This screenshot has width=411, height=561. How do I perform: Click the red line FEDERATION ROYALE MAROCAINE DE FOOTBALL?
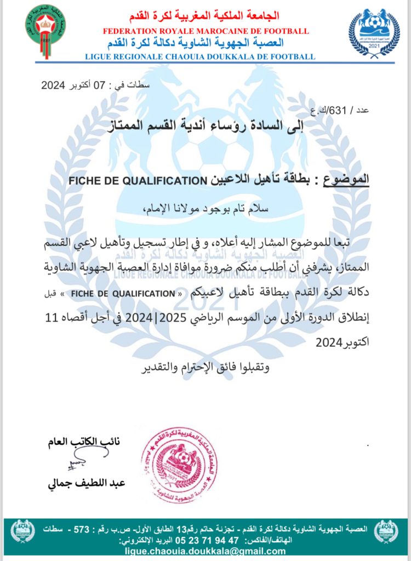coord(206,32)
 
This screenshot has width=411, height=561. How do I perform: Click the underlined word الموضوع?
coord(349,180)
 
